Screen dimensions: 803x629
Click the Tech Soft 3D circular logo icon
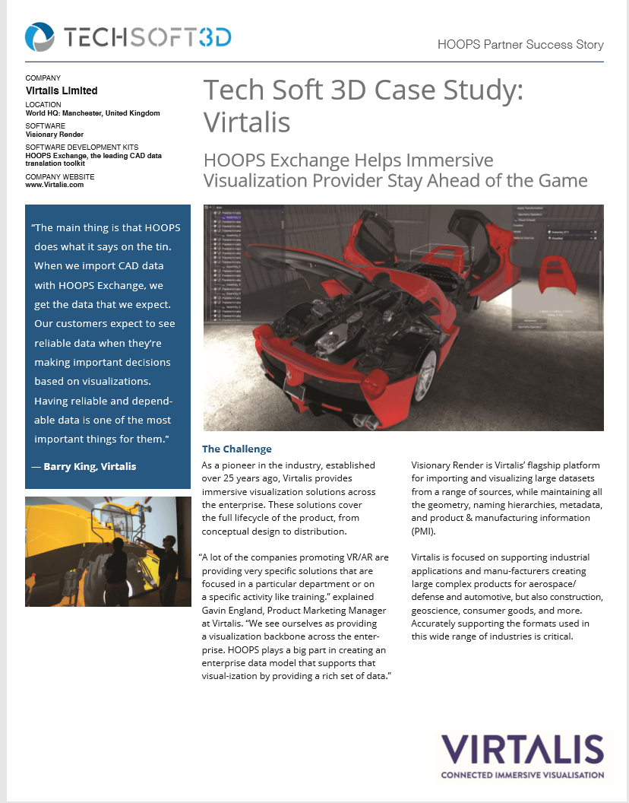coord(39,36)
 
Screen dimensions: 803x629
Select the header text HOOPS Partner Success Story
coord(520,44)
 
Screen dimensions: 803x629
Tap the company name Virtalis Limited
coord(62,90)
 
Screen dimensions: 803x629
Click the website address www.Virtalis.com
coord(54,184)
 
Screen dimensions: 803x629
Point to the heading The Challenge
coord(236,449)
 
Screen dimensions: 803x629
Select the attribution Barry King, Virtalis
coord(90,465)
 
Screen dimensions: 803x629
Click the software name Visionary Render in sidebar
coord(55,134)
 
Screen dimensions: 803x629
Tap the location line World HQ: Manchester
coord(93,113)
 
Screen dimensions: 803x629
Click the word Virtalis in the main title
coord(247,120)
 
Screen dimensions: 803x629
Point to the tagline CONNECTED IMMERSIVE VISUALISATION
coord(522,775)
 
